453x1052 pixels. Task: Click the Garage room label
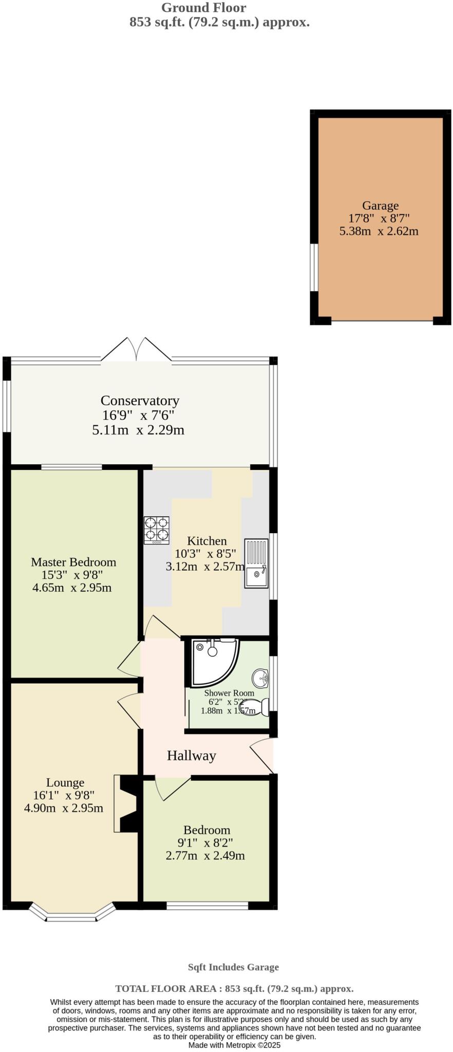point(380,206)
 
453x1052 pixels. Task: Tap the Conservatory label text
point(140,401)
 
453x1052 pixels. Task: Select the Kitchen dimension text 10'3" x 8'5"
point(205,554)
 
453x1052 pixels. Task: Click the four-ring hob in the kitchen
point(157,530)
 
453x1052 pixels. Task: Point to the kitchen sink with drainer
point(256,563)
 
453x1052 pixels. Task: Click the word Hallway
point(191,756)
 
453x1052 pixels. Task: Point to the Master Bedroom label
point(73,562)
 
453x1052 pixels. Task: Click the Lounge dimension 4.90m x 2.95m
point(64,808)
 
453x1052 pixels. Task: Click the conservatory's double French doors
point(137,350)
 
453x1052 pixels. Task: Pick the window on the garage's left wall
point(313,267)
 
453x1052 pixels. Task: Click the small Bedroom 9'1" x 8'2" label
point(206,830)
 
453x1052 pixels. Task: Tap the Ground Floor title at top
point(203,8)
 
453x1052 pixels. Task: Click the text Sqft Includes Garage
point(233,967)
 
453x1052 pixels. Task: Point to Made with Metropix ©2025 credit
point(234,1045)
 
